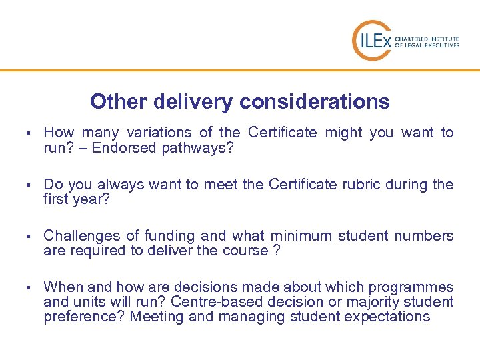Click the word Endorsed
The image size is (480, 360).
tap(125, 147)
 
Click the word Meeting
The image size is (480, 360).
tap(157, 317)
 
